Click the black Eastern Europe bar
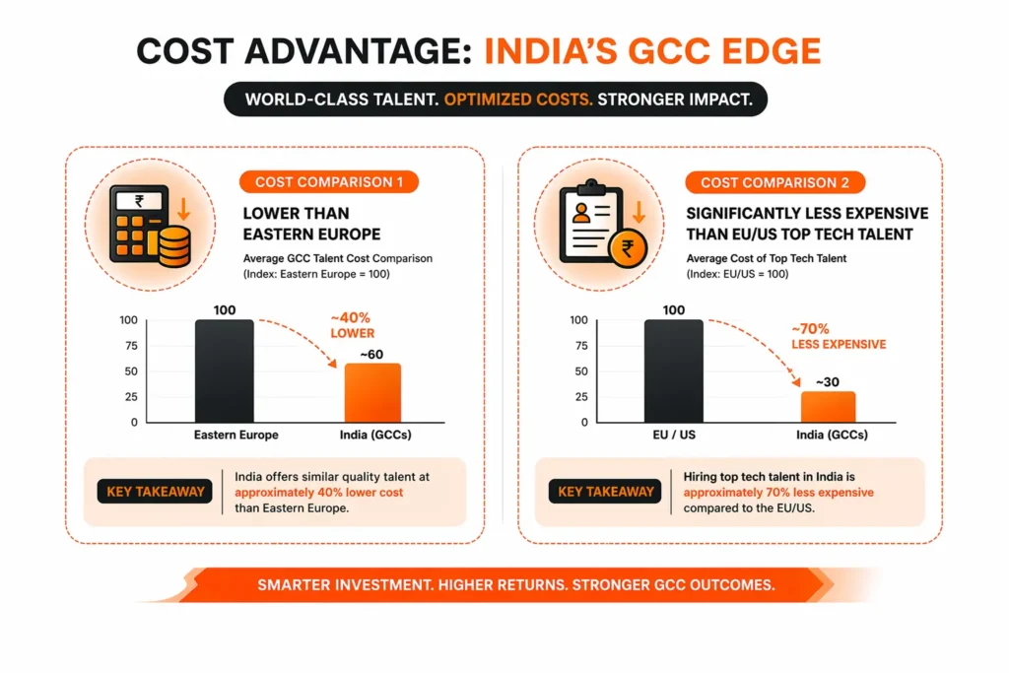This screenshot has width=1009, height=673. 225,370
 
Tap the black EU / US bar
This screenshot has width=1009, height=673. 674,370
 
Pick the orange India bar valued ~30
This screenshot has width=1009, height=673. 827,406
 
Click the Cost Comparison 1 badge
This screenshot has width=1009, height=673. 328,182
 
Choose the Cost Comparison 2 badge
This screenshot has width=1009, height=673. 774,182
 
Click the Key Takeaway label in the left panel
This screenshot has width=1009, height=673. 156,491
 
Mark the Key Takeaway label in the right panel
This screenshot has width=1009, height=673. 605,491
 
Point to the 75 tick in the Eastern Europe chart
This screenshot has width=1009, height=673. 129,346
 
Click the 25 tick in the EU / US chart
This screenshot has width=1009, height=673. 579,396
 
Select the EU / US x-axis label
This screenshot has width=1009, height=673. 675,435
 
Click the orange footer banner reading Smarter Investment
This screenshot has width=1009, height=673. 514,584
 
